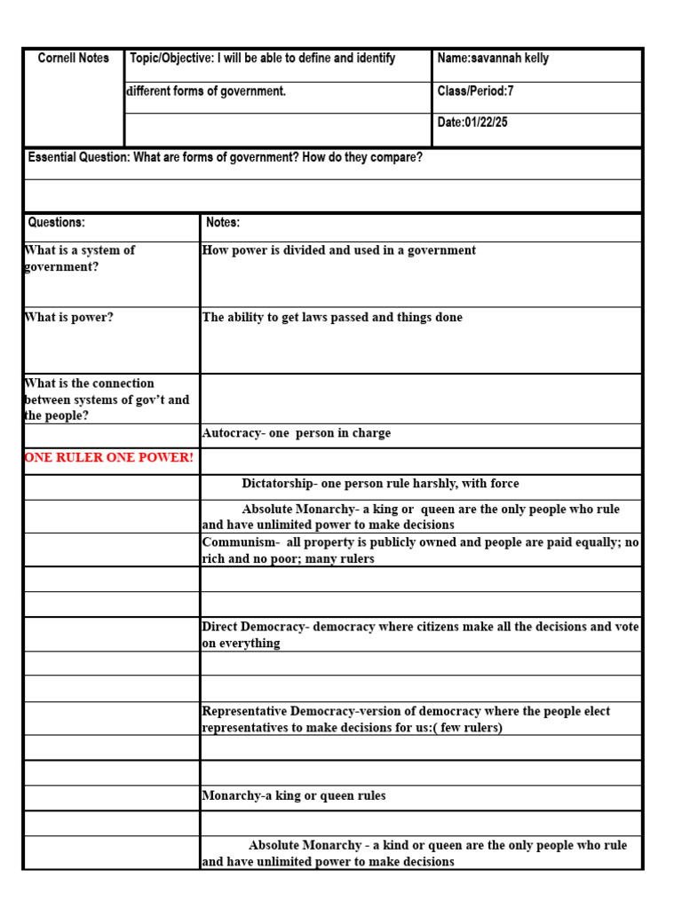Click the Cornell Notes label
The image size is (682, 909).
click(74, 59)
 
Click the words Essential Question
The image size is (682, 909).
click(79, 158)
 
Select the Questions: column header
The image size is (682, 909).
click(57, 223)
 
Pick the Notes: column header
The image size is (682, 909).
click(223, 223)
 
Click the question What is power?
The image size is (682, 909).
click(69, 318)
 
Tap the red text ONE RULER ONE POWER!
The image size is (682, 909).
click(108, 458)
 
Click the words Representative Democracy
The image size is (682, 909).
click(279, 712)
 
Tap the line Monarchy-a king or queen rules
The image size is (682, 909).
click(294, 796)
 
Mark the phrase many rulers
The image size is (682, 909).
click(341, 559)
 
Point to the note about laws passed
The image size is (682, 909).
click(332, 318)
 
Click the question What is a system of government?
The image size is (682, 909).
click(80, 258)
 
